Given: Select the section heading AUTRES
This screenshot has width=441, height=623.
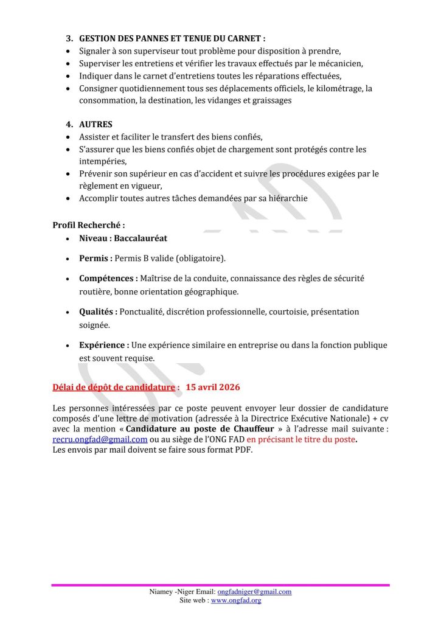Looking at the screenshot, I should tap(95, 124).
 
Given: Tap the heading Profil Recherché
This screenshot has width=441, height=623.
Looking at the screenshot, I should tap(89, 224).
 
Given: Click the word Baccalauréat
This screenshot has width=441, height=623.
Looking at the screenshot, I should tap(141, 238).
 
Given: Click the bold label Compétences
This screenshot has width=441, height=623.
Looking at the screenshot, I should tap(108, 278).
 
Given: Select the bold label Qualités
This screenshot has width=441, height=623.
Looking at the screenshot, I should tap(98, 311).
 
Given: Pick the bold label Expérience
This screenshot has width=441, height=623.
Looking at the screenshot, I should tap(103, 345).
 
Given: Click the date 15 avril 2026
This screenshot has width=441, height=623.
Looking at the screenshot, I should tap(213, 387).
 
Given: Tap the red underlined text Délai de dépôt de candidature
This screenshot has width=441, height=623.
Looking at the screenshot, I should tap(116, 387).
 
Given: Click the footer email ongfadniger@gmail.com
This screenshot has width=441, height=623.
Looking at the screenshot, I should tap(254, 591).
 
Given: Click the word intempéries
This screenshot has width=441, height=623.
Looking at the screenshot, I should tap(102, 161).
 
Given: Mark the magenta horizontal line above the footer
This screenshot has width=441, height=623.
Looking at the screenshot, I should tap(220, 585).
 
